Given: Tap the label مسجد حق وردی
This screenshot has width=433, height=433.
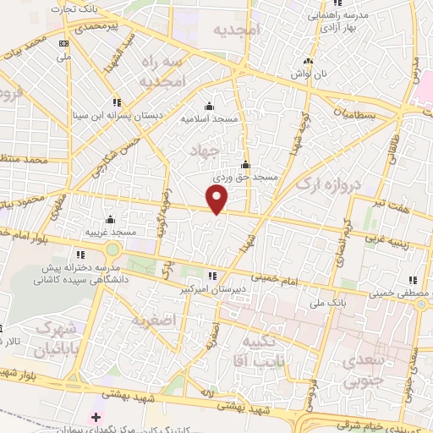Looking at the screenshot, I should pyautogui.click(x=244, y=178).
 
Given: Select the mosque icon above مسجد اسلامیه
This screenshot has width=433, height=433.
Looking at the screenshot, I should pyautogui.click(x=210, y=106).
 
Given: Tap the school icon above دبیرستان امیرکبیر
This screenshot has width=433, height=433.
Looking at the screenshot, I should pyautogui.click(x=212, y=275).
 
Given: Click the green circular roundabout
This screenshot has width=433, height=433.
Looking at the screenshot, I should pyautogui.click(x=112, y=249).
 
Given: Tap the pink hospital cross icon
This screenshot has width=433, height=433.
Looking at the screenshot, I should pyautogui.click(x=96, y=416).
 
